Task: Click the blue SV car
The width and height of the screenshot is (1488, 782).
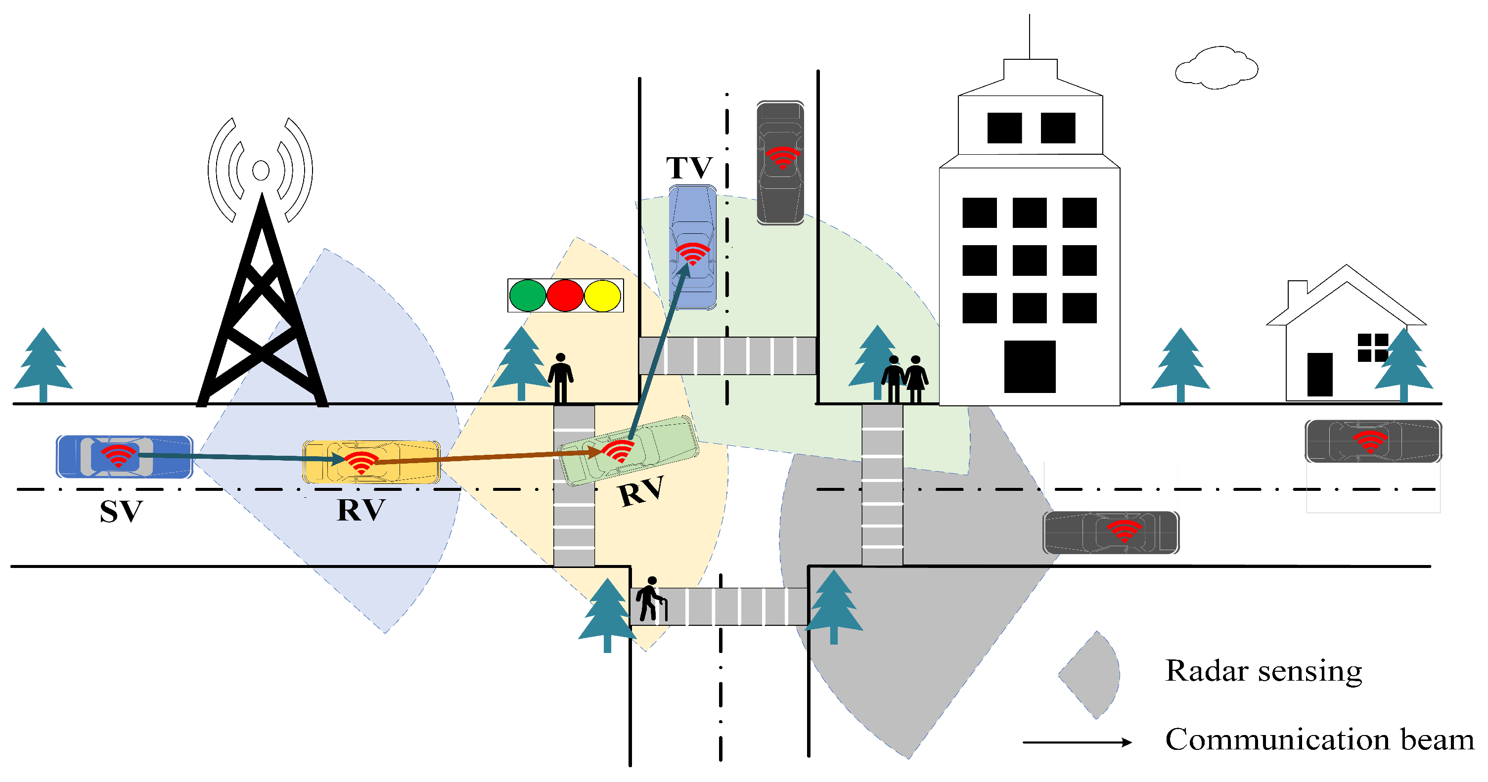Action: (124, 457)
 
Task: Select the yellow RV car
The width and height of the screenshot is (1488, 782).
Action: (371, 462)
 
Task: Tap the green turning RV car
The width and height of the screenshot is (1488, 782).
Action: (630, 450)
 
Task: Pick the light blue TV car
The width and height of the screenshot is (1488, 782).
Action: (693, 247)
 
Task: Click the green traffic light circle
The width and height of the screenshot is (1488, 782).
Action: (527, 296)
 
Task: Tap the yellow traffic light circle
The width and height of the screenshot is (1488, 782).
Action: (602, 296)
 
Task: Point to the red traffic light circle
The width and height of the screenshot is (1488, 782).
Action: (565, 296)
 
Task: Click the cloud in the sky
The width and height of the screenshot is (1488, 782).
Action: (1217, 68)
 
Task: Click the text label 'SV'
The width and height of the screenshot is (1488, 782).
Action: (121, 512)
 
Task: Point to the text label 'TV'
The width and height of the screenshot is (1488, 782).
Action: (689, 168)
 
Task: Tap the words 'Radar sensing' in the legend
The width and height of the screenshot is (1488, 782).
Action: (1263, 671)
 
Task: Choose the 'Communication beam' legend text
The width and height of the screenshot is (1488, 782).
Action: (1319, 740)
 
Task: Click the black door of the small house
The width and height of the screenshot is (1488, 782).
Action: (1320, 374)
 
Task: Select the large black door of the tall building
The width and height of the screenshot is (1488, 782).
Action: (1030, 367)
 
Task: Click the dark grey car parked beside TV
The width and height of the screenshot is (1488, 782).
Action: (780, 163)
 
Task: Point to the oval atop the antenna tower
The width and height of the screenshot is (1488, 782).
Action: (261, 171)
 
